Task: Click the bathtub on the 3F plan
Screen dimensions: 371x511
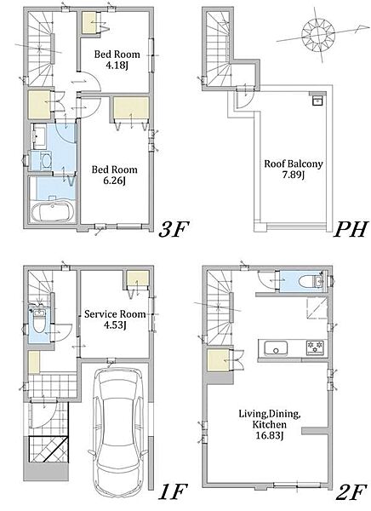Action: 53,211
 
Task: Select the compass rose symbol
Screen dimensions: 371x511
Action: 318,35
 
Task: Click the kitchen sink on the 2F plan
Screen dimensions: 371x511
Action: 276,348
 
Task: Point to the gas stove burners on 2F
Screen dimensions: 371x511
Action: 315,347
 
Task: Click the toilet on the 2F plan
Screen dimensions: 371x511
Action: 310,280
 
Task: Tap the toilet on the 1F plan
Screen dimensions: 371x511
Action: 38,321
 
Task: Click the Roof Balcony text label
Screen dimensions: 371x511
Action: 294,164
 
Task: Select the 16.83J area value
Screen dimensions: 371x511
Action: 269,435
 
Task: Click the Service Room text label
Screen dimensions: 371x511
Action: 115,314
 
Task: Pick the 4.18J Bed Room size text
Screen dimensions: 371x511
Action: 117,66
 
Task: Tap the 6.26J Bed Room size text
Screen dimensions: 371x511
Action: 114,181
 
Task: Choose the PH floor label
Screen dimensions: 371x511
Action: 351,229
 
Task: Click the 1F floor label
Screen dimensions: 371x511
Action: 173,491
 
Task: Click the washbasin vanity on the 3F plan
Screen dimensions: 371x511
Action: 40,137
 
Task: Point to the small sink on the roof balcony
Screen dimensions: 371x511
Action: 317,100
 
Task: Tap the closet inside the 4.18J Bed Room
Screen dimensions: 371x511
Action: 90,22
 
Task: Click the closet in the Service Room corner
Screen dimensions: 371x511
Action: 138,278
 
